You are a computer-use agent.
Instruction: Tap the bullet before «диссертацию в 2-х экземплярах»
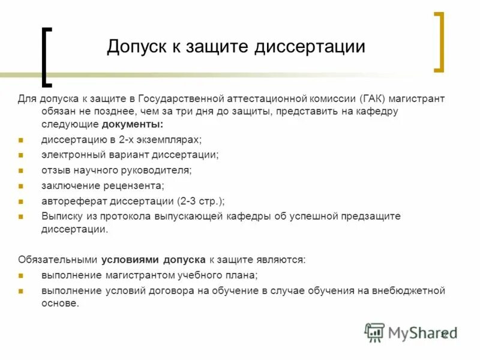tap(20, 140)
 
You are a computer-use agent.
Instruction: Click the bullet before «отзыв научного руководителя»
tap(20, 170)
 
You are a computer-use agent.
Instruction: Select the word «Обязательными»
tap(57, 260)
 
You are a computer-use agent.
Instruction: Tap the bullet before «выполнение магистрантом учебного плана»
tap(20, 276)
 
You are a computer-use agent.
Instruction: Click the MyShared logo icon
tap(375, 332)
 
